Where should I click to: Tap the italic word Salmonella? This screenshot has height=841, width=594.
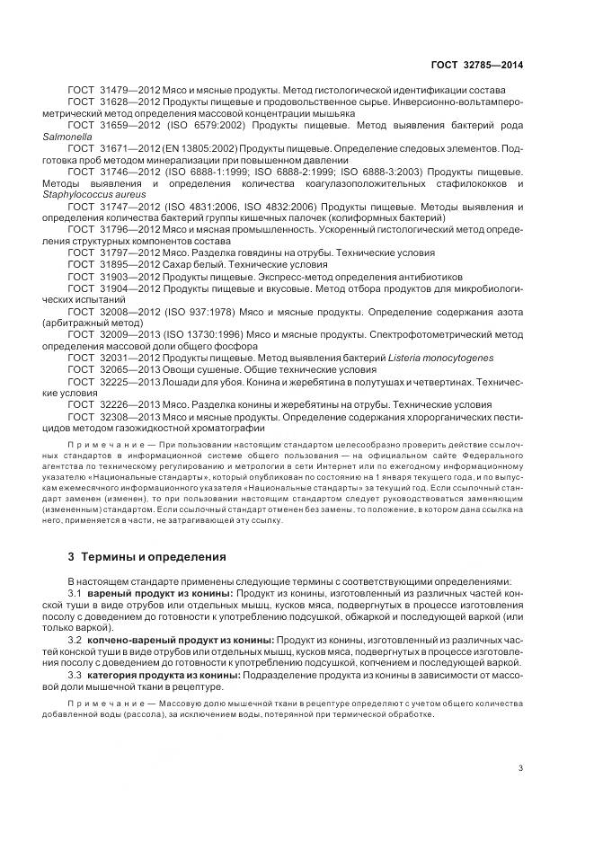[x=65, y=137]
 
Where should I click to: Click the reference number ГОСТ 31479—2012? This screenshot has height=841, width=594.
[x=111, y=90]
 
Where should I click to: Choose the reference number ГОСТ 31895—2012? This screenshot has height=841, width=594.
[x=111, y=264]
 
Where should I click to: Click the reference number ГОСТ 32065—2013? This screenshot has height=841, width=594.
[x=111, y=369]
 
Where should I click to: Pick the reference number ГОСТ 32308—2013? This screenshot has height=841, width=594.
[x=111, y=417]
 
